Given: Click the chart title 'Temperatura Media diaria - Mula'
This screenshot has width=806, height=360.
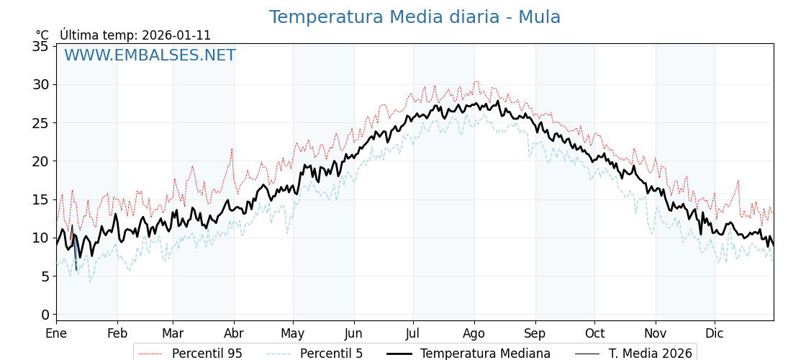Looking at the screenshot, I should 415,17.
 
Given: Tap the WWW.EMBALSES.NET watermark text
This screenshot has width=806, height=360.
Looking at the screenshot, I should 150,55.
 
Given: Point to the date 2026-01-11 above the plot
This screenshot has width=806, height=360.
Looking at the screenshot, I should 176,35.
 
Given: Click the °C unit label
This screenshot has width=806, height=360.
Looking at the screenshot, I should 42,35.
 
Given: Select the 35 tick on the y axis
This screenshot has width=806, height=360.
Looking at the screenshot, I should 40,47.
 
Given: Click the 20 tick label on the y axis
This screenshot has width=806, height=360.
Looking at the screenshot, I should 40,161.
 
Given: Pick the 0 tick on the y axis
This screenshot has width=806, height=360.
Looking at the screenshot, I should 45,315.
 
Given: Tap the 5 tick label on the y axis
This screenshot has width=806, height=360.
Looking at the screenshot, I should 45,276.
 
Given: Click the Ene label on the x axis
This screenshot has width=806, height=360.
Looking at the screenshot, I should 56,333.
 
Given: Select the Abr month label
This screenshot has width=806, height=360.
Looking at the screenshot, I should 234,333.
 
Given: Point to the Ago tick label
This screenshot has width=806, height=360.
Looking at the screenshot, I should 474,333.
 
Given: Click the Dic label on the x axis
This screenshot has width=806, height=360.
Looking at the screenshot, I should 715,333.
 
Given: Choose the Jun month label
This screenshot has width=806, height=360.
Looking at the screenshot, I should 353,333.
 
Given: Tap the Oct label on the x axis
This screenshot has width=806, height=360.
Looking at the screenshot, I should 594,333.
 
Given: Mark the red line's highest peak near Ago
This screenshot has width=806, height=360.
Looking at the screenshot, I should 476,82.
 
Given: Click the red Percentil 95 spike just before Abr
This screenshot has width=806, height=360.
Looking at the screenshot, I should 232,149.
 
